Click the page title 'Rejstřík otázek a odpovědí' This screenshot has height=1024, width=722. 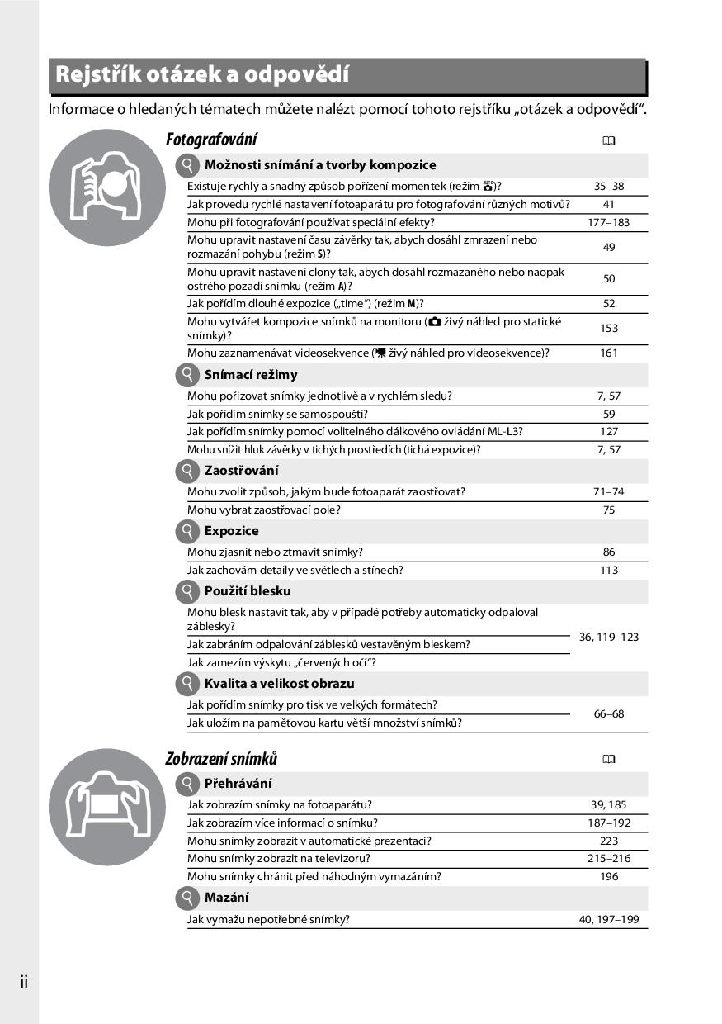[202, 74]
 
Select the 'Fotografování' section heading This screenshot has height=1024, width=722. [211, 140]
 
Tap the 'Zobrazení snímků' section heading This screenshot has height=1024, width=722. [221, 758]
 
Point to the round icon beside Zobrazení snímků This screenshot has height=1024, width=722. [101, 802]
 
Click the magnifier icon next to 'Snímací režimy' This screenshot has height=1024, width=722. [188, 375]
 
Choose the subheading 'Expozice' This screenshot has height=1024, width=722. [231, 531]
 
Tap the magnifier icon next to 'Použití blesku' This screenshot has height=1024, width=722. [188, 591]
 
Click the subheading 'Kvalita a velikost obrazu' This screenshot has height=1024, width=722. [279, 684]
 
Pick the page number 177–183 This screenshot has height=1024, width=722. [609, 222]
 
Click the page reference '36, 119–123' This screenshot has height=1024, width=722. [609, 637]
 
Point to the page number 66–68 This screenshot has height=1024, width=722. [609, 713]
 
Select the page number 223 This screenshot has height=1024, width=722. [609, 841]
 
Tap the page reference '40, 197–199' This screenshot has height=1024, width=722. [609, 919]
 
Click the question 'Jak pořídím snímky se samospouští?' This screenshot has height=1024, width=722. [277, 414]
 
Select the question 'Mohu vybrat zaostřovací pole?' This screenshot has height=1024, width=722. [264, 510]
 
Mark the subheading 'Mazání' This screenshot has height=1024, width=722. [226, 898]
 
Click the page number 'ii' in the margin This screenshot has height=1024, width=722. [24, 982]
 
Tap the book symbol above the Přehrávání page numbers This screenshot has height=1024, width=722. [609, 759]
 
